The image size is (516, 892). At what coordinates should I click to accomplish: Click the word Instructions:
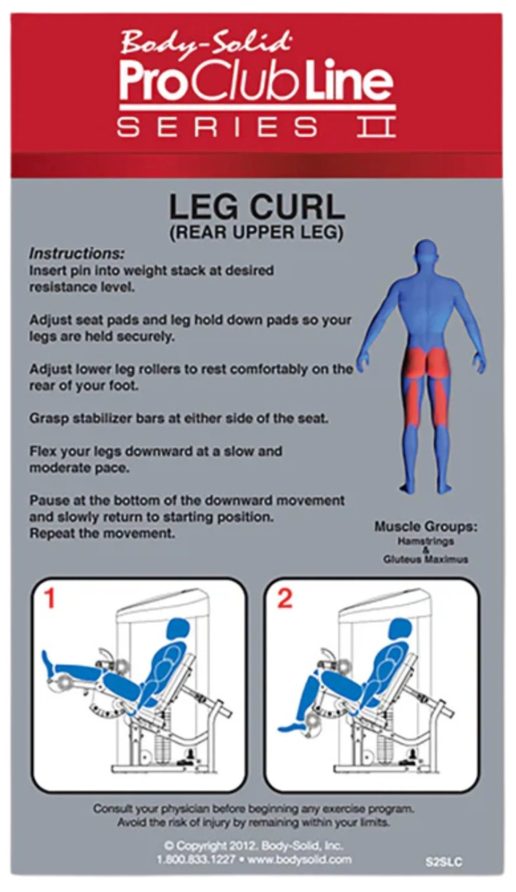77,254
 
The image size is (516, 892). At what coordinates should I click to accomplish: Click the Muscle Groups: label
425,527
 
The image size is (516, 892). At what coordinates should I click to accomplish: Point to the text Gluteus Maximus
425,559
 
